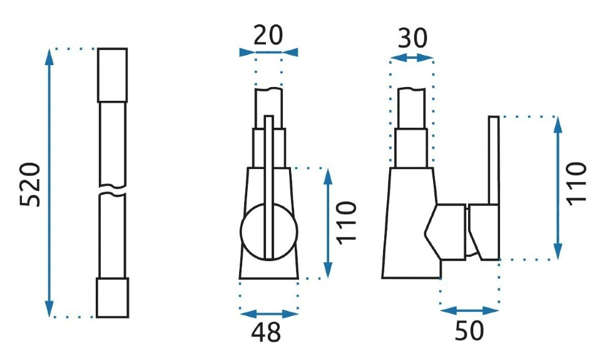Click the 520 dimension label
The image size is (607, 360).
point(30,185)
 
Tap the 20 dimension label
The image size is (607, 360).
point(268,35)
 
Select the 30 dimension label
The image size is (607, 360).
point(412,38)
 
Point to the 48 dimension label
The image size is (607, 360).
point(267,332)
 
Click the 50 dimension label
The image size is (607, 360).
point(469,331)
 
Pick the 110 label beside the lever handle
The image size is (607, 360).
point(576,183)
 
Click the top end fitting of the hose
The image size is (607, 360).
point(112,75)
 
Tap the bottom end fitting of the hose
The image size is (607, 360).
point(112,297)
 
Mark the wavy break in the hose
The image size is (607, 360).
point(112,189)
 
